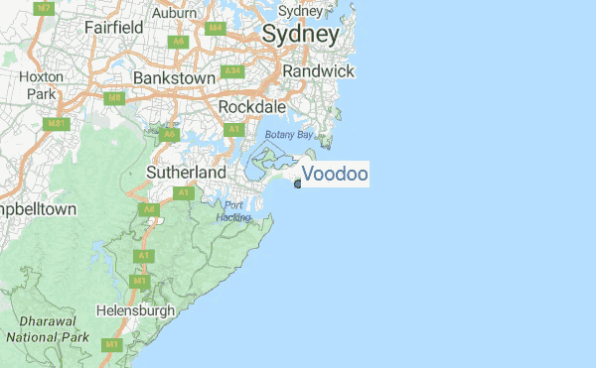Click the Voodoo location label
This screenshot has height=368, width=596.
(x=335, y=175)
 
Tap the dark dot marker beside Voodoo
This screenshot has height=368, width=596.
(x=298, y=184)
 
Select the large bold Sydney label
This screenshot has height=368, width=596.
(x=301, y=34)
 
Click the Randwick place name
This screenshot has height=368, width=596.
(x=318, y=71)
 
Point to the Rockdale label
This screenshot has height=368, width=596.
(x=251, y=106)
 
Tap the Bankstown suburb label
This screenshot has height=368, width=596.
(x=174, y=77)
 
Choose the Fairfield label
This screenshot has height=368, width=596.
(x=114, y=28)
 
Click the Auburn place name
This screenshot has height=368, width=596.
(x=175, y=14)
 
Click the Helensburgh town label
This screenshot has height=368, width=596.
(x=136, y=310)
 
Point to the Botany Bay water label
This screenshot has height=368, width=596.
(x=288, y=134)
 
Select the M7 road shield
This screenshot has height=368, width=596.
(x=43, y=7)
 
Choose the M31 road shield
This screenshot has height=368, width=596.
(x=58, y=124)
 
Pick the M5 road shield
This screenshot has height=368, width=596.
(x=115, y=98)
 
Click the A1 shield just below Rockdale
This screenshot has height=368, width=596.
(x=234, y=129)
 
